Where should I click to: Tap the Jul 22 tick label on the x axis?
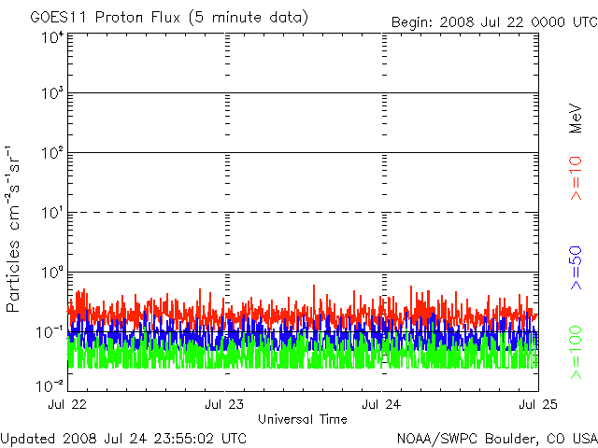[x=67, y=404]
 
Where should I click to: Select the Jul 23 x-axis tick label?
[x=224, y=404]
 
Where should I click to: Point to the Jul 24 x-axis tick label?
[x=381, y=404]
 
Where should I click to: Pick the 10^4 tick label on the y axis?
[x=52, y=37]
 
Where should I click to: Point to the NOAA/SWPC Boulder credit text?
[x=496, y=437]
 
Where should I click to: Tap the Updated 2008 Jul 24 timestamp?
[x=124, y=437]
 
